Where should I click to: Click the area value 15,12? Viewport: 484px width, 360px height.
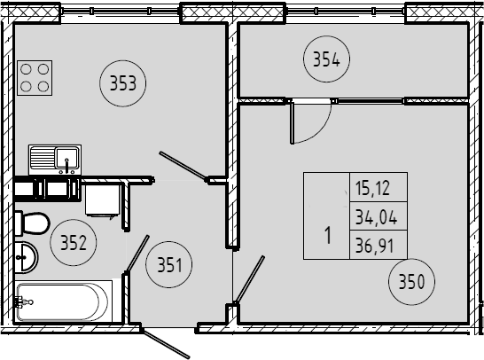pyautogui.click(x=372, y=188)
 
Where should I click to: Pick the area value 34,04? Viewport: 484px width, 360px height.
pyautogui.click(x=376, y=217)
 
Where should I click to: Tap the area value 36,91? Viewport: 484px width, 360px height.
pyautogui.click(x=374, y=247)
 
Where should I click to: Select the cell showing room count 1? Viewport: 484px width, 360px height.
pyautogui.click(x=326, y=215)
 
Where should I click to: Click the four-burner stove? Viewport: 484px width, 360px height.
pyautogui.click(x=35, y=78)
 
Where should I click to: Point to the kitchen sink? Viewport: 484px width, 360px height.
pyautogui.click(x=55, y=160)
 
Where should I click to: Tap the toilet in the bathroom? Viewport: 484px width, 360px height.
pyautogui.click(x=32, y=223)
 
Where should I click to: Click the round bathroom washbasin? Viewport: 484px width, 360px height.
pyautogui.click(x=27, y=257)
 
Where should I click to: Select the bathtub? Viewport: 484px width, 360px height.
pyautogui.click(x=63, y=301)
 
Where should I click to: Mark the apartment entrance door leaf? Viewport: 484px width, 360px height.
pyautogui.click(x=165, y=344)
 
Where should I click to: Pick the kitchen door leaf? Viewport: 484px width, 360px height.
pyautogui.click(x=183, y=165)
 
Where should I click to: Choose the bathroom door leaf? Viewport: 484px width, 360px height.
pyautogui.click(x=137, y=254)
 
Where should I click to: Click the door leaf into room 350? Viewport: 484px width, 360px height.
pyautogui.click(x=249, y=279)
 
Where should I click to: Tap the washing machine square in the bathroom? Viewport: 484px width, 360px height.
pyautogui.click(x=103, y=200)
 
